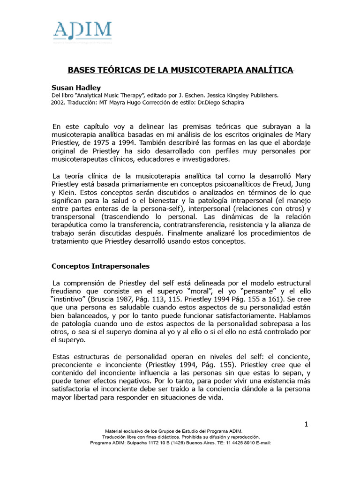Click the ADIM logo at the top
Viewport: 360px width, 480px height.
coord(82,32)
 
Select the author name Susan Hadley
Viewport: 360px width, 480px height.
coord(76,88)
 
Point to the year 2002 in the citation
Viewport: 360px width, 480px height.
coord(59,103)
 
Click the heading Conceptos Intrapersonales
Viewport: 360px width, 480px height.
coord(100,266)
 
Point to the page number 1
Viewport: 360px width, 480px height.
coord(306,424)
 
